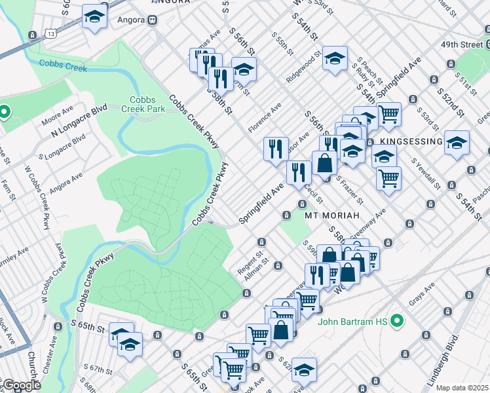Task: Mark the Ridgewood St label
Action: click(x=302, y=67)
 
